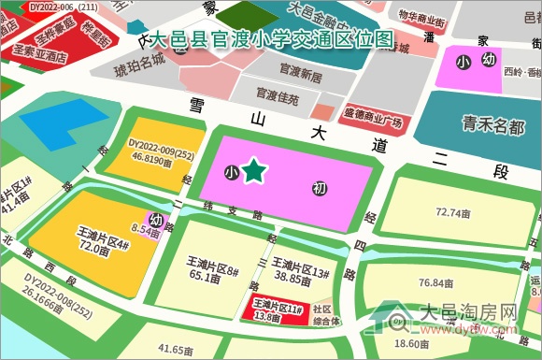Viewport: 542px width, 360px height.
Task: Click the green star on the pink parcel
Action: [x=252, y=171]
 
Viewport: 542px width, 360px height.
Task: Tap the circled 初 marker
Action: [x=321, y=189]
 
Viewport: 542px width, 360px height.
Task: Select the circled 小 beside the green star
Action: [x=231, y=173]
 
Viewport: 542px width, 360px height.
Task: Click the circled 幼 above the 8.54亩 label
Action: [x=156, y=219]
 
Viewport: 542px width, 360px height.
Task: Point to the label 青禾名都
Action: [x=493, y=125]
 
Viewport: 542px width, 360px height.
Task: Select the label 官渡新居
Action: [x=300, y=73]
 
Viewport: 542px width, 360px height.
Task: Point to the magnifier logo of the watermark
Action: [x=400, y=324]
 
